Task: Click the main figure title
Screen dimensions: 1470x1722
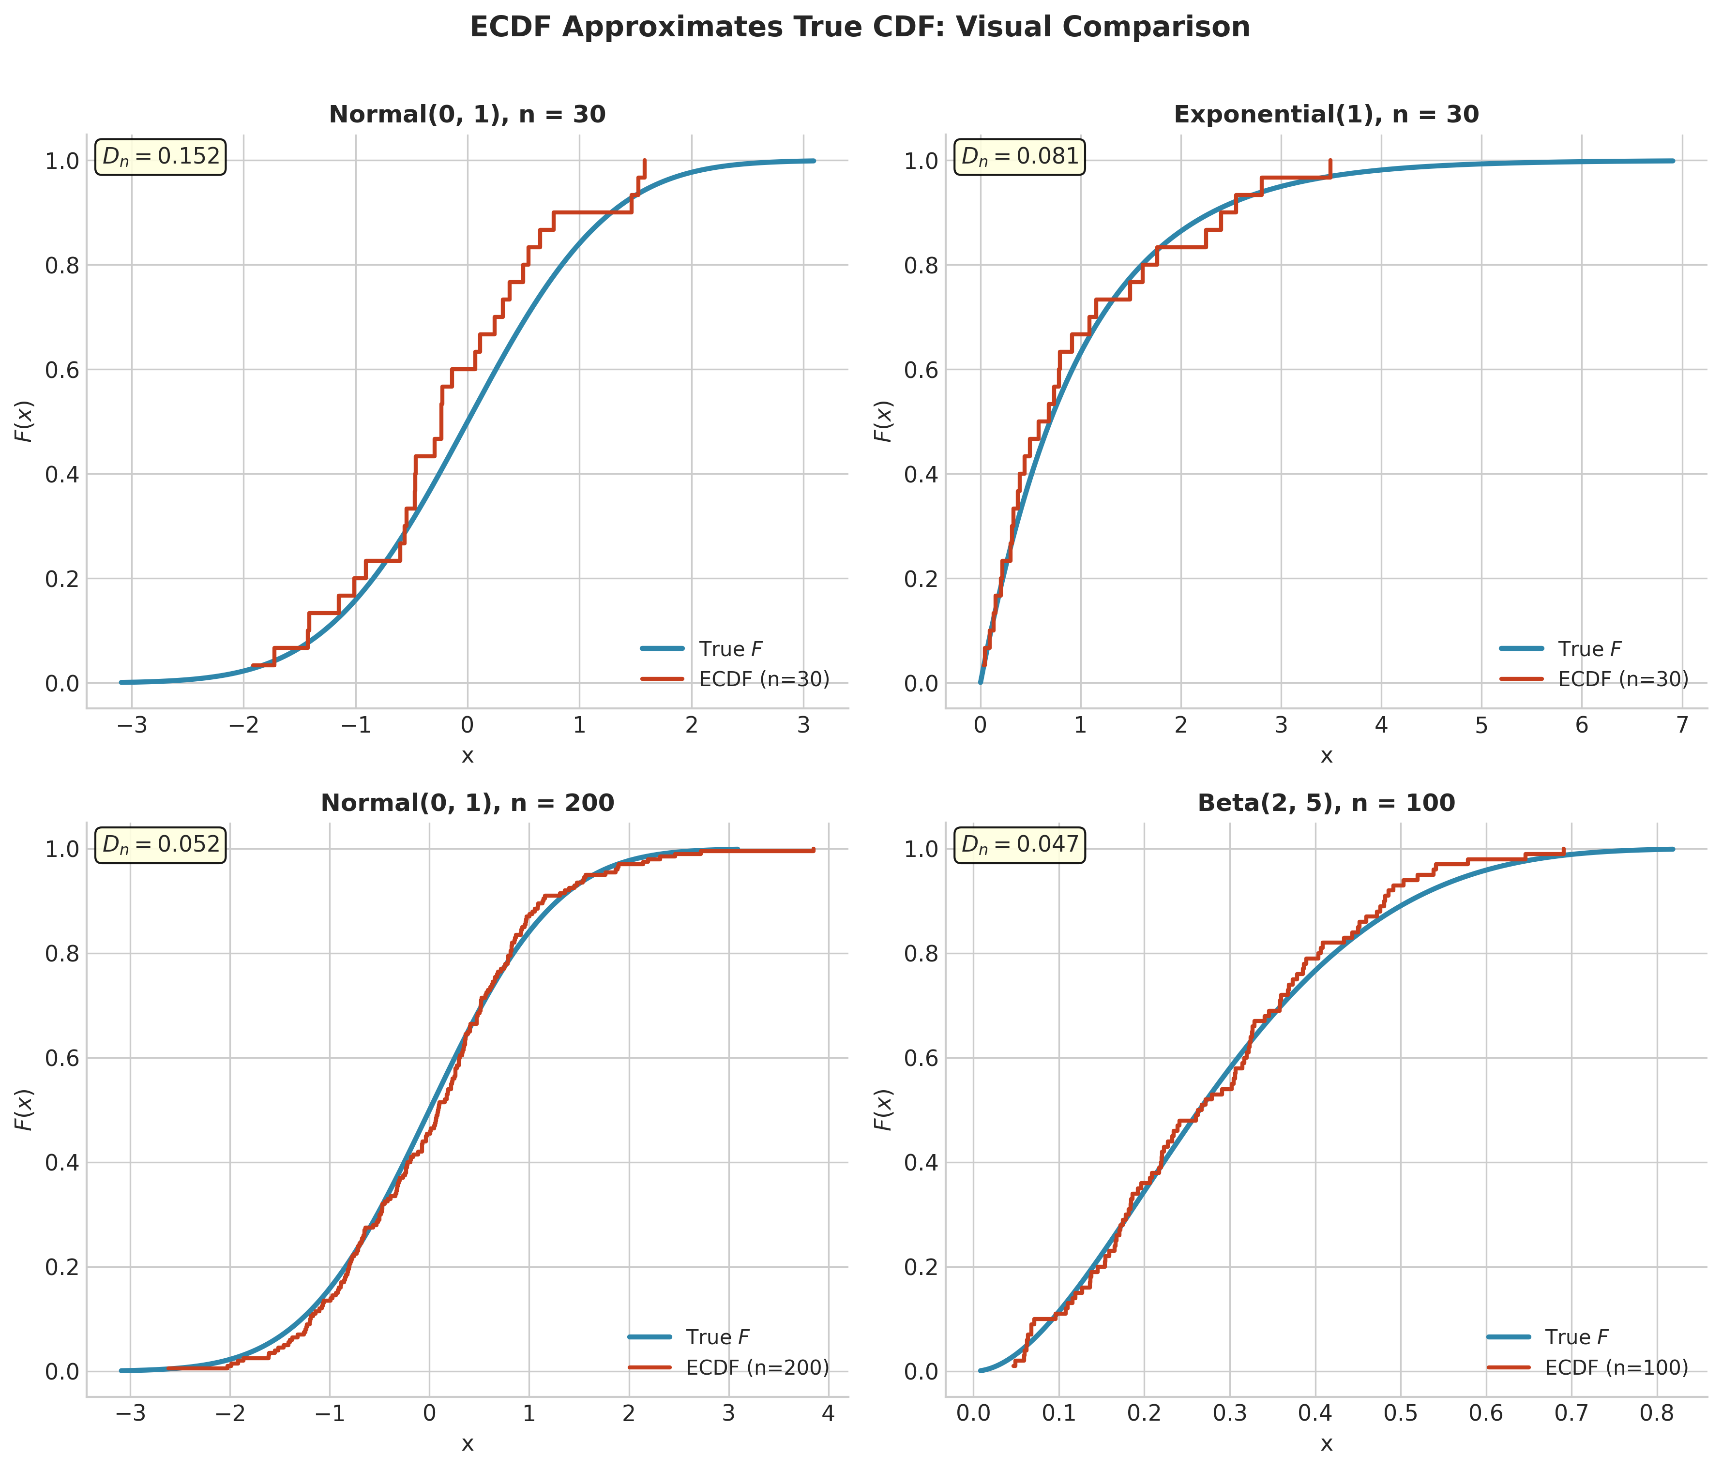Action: pyautogui.click(x=860, y=28)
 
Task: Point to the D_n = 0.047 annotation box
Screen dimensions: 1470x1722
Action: pyautogui.click(x=1020, y=845)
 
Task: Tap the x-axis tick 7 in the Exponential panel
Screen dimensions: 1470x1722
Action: pyautogui.click(x=1681, y=726)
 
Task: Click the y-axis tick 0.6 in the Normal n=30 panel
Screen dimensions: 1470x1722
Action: pyautogui.click(x=60, y=370)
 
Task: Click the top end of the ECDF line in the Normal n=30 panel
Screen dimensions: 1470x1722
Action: pyautogui.click(x=644, y=160)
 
